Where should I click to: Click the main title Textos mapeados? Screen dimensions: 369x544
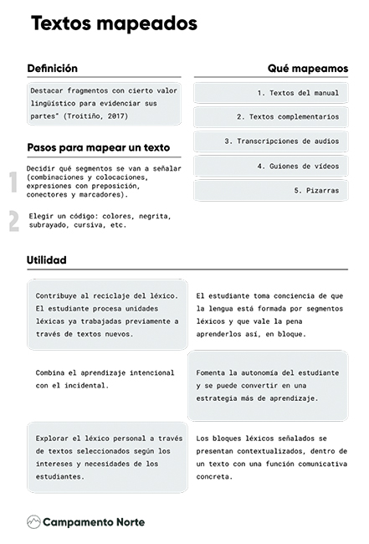[x=114, y=24]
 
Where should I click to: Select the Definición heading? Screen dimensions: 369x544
[x=52, y=69]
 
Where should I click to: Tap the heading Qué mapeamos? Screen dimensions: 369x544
[x=307, y=68]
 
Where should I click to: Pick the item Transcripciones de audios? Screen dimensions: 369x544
[x=281, y=141]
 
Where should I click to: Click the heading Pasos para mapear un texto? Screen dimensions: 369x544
[x=92, y=147]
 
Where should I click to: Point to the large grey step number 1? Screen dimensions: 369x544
[x=13, y=182]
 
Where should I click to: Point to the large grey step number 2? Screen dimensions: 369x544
[x=13, y=221]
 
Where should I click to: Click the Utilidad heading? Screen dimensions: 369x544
[x=47, y=260]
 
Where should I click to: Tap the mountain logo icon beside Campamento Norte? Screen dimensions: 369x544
[x=33, y=521]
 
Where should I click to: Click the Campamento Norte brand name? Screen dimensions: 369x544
[x=94, y=521]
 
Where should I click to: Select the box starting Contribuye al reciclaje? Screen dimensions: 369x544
[x=106, y=315]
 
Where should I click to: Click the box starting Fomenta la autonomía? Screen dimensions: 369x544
[x=272, y=385]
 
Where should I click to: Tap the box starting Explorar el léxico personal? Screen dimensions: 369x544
[x=106, y=456]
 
